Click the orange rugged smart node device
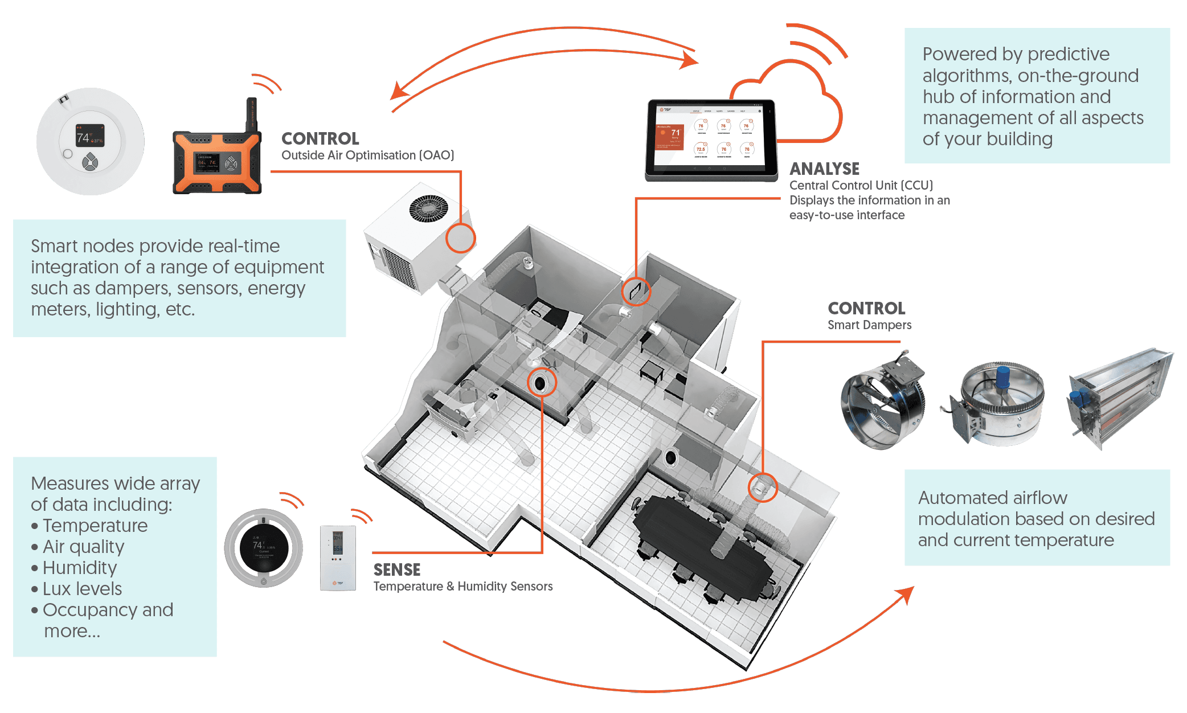point(217,162)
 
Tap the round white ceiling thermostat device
point(90,141)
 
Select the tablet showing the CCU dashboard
point(711,140)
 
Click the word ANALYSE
point(824,169)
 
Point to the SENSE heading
point(397,569)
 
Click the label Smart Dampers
point(869,325)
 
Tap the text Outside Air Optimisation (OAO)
point(367,155)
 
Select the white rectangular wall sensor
point(338,558)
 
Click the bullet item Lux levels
point(82,589)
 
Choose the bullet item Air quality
point(83,547)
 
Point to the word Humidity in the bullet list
point(80,568)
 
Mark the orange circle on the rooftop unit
point(460,238)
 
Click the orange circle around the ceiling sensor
point(542,382)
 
